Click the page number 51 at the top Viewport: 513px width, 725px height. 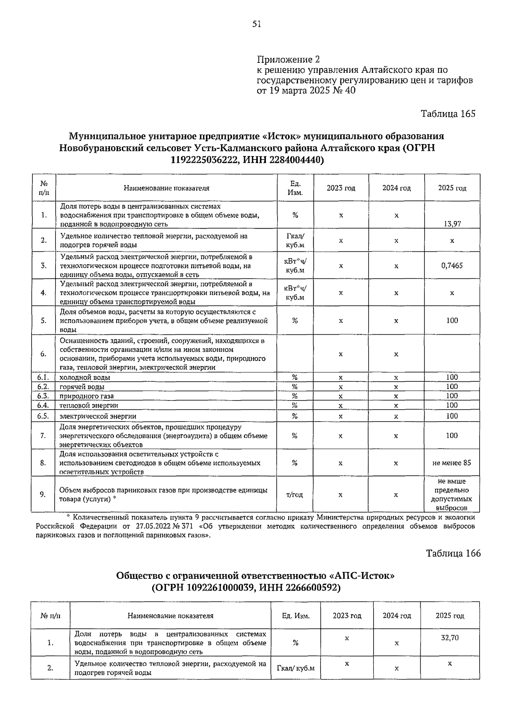point(256,24)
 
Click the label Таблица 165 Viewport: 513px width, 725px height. point(448,114)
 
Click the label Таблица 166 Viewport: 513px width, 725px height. point(453,553)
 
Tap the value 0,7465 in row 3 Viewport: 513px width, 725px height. point(452,265)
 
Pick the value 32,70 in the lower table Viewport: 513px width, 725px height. point(450,638)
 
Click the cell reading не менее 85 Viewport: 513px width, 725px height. point(452,463)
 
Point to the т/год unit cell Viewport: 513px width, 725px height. point(295,495)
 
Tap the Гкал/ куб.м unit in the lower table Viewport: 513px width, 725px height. point(296,668)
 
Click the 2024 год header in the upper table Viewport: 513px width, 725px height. point(396,188)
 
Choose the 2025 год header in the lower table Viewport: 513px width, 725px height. point(450,616)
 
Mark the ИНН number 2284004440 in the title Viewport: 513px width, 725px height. point(295,160)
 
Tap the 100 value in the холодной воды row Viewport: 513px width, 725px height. point(452,377)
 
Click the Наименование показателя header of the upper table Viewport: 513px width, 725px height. point(167,188)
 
